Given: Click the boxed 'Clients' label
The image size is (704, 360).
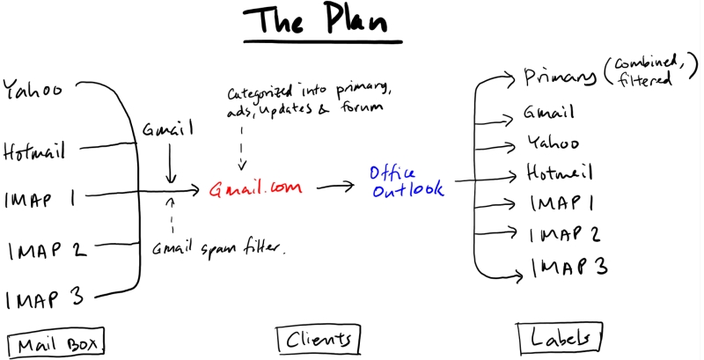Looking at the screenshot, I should pyautogui.click(x=318, y=338).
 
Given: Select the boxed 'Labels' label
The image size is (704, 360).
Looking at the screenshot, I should pyautogui.click(x=560, y=337).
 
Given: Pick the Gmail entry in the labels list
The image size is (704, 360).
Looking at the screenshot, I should pyautogui.click(x=549, y=113).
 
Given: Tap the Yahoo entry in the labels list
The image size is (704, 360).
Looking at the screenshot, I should pyautogui.click(x=553, y=142).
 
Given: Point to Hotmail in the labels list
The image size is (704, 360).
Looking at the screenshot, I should pyautogui.click(x=559, y=171).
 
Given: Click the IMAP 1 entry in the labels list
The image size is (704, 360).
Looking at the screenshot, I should pyautogui.click(x=563, y=203).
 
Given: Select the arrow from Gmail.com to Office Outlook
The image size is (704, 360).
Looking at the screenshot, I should pyautogui.click(x=337, y=187).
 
